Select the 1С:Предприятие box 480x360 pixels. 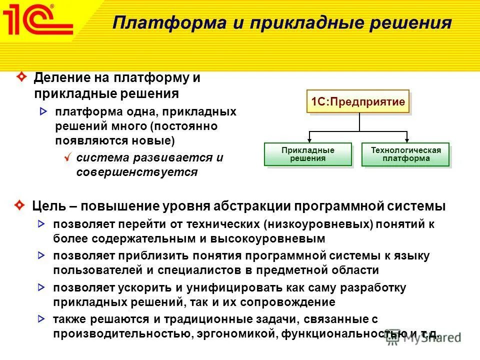click(x=357, y=102)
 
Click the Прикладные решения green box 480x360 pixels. click(x=307, y=154)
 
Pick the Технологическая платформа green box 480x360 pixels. click(x=405, y=154)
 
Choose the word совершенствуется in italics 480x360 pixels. click(x=137, y=172)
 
